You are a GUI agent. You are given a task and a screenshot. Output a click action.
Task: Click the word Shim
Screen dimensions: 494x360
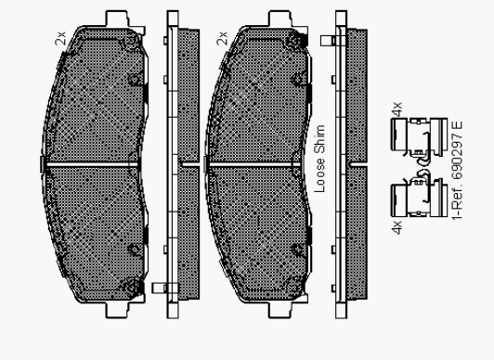[319, 139]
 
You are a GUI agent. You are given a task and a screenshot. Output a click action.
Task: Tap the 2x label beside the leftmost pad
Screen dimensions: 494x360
[60, 38]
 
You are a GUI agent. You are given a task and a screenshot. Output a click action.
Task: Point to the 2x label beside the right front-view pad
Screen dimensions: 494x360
[222, 38]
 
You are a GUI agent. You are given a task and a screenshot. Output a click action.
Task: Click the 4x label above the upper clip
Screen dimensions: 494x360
[397, 109]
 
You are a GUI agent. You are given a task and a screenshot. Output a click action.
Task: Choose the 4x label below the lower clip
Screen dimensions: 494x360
[397, 227]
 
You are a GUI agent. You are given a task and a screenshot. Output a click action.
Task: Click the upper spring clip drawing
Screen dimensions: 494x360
[419, 138]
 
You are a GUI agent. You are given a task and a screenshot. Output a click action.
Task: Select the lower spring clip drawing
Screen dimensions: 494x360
[419, 195]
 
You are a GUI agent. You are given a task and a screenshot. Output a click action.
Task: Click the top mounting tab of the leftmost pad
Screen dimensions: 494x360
[117, 19]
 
